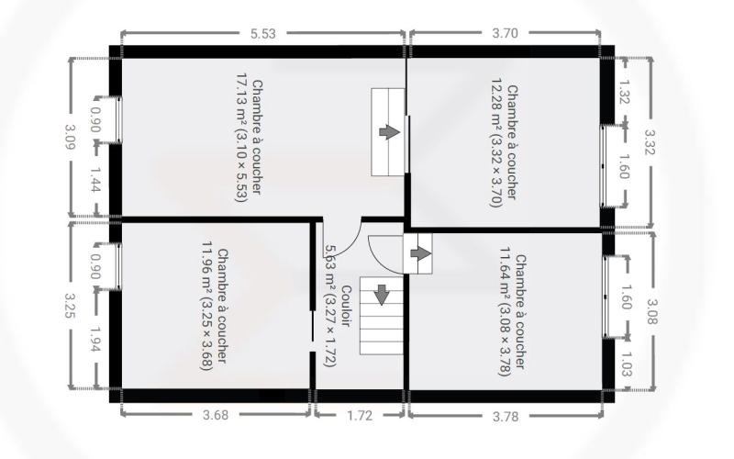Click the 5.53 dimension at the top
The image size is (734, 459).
coord(263,34)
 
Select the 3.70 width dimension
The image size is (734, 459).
coord(506,33)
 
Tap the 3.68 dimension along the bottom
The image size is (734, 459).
coord(216,415)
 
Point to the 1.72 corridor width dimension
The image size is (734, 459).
coord(360,416)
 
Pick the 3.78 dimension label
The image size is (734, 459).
coord(506,416)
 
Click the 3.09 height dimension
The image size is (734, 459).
coord(71,136)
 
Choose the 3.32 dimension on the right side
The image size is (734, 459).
coord(651,141)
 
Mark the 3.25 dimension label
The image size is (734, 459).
coord(71,306)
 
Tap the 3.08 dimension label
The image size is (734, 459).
coord(652,311)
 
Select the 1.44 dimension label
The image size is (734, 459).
coord(95,180)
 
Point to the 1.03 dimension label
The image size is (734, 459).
coord(627,364)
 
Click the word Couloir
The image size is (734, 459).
coord(347,307)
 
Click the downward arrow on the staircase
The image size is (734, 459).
coord(382,295)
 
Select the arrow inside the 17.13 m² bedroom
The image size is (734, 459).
coord(389,132)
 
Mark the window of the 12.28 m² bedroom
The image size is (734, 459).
coord(603,166)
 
